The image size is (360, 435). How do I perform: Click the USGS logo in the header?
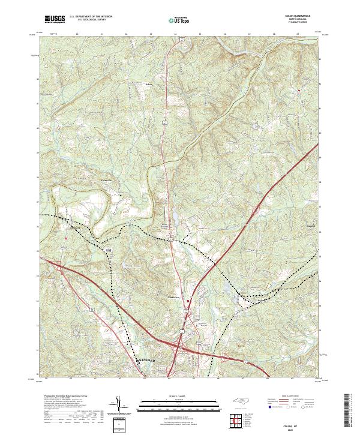tap(55, 19)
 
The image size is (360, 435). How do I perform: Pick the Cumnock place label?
tap(73, 228)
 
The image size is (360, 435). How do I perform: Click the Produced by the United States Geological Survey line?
tap(66, 397)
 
